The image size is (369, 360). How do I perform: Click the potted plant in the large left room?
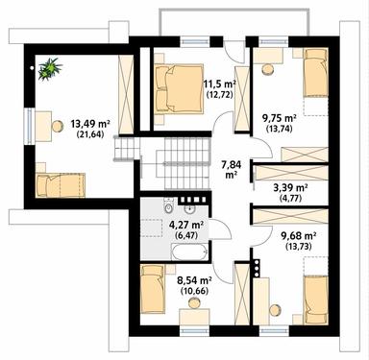pyautogui.click(x=49, y=67)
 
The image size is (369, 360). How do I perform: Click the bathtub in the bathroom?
pyautogui.click(x=188, y=252)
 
